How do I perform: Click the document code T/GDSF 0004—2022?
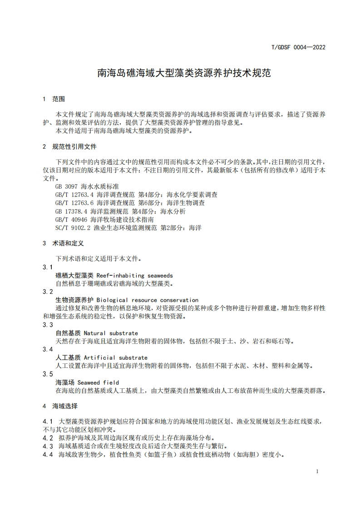tap(298, 47)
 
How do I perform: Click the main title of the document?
tap(184, 73)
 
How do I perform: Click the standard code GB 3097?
tap(66, 186)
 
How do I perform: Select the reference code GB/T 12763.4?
tap(74, 195)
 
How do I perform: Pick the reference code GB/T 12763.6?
tap(74, 203)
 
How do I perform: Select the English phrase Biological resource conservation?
tap(147, 300)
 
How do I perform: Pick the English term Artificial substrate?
tap(122, 357)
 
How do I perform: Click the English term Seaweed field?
tap(98, 382)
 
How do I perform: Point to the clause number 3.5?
tap(48, 374)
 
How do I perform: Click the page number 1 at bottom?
tap(317, 471)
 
